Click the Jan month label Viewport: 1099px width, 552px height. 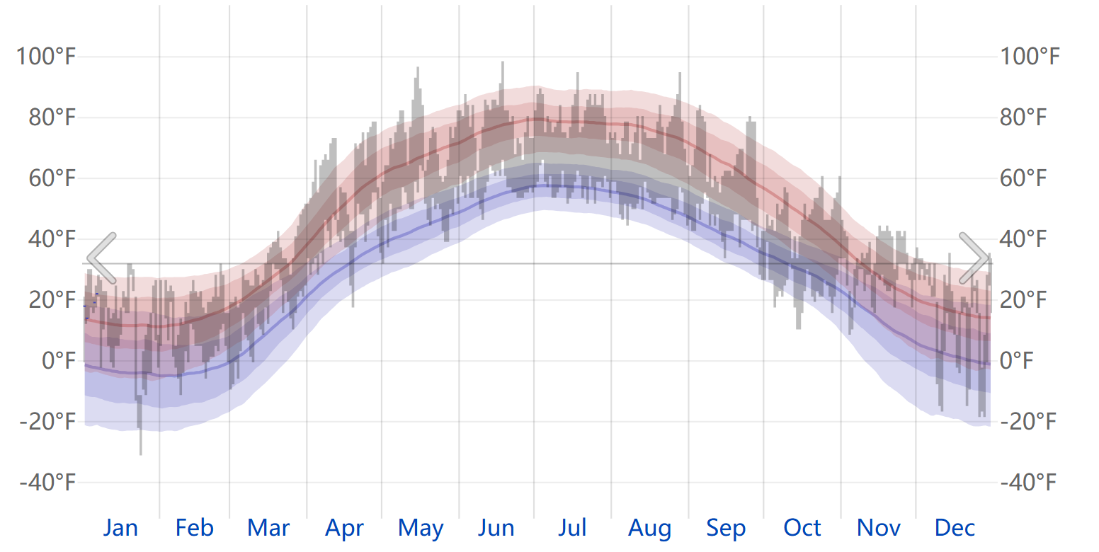click(x=120, y=528)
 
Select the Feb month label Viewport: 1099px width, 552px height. click(x=194, y=528)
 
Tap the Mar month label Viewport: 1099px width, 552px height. click(x=268, y=528)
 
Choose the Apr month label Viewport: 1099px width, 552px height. click(x=344, y=528)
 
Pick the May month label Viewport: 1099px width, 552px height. click(x=421, y=528)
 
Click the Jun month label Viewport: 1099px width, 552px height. click(x=496, y=528)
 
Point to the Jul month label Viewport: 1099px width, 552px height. click(x=572, y=528)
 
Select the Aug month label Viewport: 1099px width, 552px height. click(x=649, y=528)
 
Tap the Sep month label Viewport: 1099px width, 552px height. click(x=726, y=528)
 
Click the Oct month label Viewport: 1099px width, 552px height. click(x=802, y=528)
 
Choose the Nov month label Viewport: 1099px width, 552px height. click(x=878, y=528)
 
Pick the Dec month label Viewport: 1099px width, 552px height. click(x=955, y=528)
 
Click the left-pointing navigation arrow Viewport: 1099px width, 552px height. click(x=101, y=258)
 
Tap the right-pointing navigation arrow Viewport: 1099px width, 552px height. click(x=974, y=258)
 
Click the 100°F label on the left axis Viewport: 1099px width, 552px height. click(x=45, y=56)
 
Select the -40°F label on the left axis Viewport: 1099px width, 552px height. click(x=47, y=483)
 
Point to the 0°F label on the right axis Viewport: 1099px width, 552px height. click(x=1014, y=361)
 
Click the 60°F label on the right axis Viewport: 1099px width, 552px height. click(x=1023, y=178)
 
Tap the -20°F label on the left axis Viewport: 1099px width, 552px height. click(x=47, y=422)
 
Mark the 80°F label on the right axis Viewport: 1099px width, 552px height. click(x=1023, y=117)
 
